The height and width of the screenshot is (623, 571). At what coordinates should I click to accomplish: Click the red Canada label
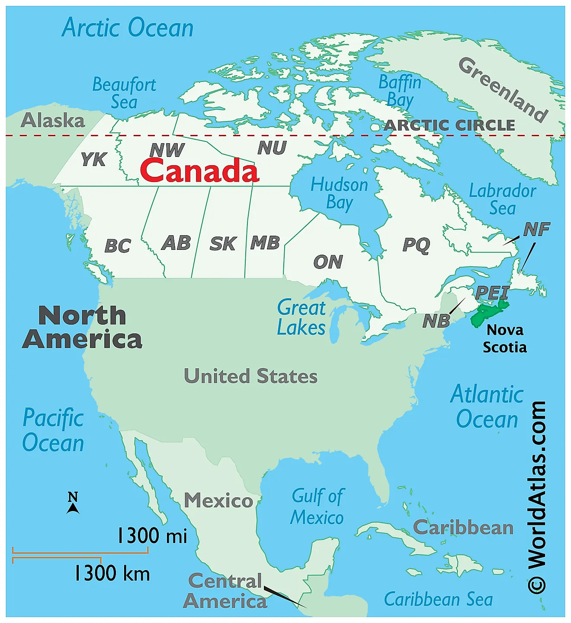click(199, 170)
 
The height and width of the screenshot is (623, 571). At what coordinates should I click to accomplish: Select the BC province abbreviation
click(118, 246)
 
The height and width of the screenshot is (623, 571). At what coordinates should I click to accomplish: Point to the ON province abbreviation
click(328, 262)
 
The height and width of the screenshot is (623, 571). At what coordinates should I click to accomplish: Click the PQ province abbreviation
click(416, 245)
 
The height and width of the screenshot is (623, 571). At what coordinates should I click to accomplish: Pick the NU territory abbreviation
click(272, 148)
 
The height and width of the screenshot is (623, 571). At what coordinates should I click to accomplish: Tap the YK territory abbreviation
click(93, 159)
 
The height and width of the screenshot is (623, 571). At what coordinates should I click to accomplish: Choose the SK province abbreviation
click(223, 244)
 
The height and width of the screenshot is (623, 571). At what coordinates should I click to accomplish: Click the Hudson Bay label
click(340, 194)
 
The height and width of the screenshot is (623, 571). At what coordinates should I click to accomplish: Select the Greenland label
click(503, 89)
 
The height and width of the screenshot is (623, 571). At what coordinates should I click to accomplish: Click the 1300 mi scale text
click(152, 536)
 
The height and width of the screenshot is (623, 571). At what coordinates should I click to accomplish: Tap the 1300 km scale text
click(112, 573)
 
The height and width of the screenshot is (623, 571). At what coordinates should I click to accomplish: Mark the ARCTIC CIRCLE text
click(450, 125)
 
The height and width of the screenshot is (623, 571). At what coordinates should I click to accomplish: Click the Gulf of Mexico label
click(318, 507)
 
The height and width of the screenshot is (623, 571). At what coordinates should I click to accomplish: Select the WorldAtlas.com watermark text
click(537, 497)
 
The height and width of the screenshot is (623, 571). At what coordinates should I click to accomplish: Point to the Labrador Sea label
click(503, 199)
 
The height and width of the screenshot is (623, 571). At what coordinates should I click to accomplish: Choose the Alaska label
click(53, 120)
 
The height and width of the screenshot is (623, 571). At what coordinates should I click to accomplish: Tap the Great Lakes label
click(302, 318)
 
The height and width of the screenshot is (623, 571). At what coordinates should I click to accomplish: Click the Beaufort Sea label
click(124, 93)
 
